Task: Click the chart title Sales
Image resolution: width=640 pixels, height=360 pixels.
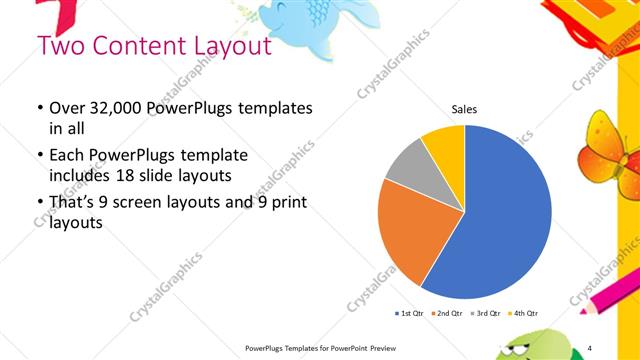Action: (x=464, y=109)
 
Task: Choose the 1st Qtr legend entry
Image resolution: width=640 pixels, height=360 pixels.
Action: (x=411, y=314)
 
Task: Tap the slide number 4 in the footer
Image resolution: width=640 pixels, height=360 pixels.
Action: (x=590, y=346)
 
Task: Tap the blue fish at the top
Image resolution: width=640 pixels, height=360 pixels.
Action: (x=290, y=20)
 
